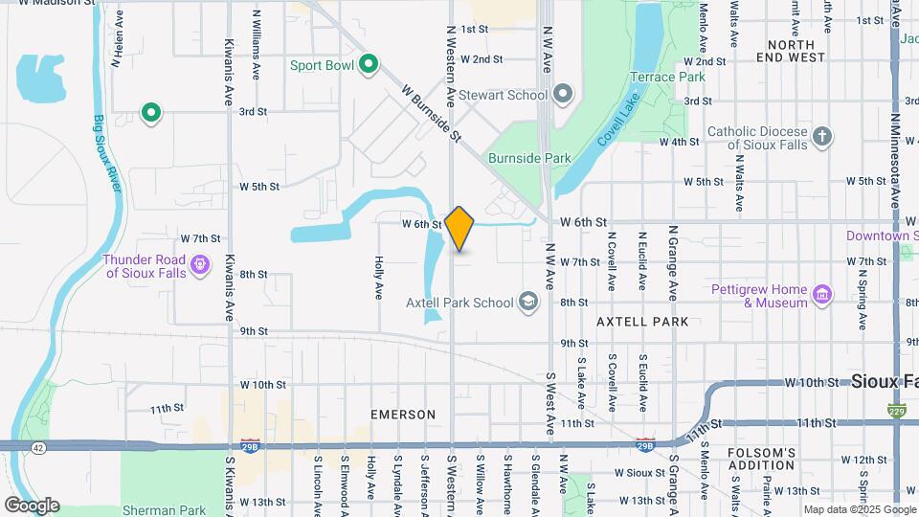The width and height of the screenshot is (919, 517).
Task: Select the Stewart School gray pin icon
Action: coord(563,94)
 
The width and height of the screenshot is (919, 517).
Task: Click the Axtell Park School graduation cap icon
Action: coord(527,303)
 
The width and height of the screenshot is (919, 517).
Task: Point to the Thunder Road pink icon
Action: coord(200,263)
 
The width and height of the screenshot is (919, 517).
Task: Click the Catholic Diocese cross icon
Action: coord(821,138)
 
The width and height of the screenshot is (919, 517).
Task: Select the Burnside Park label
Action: coord(529,158)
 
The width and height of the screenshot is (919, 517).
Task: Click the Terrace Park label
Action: coord(667,77)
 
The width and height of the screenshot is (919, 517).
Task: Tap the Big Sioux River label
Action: coord(106,153)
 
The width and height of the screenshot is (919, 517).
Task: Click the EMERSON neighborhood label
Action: coord(403,415)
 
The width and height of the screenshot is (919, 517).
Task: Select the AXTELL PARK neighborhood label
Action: coord(641,322)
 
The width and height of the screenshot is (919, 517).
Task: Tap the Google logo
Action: coord(32,506)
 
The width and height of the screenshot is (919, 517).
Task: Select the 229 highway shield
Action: coord(896,412)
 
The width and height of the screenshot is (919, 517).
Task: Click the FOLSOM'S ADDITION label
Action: coord(761,459)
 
